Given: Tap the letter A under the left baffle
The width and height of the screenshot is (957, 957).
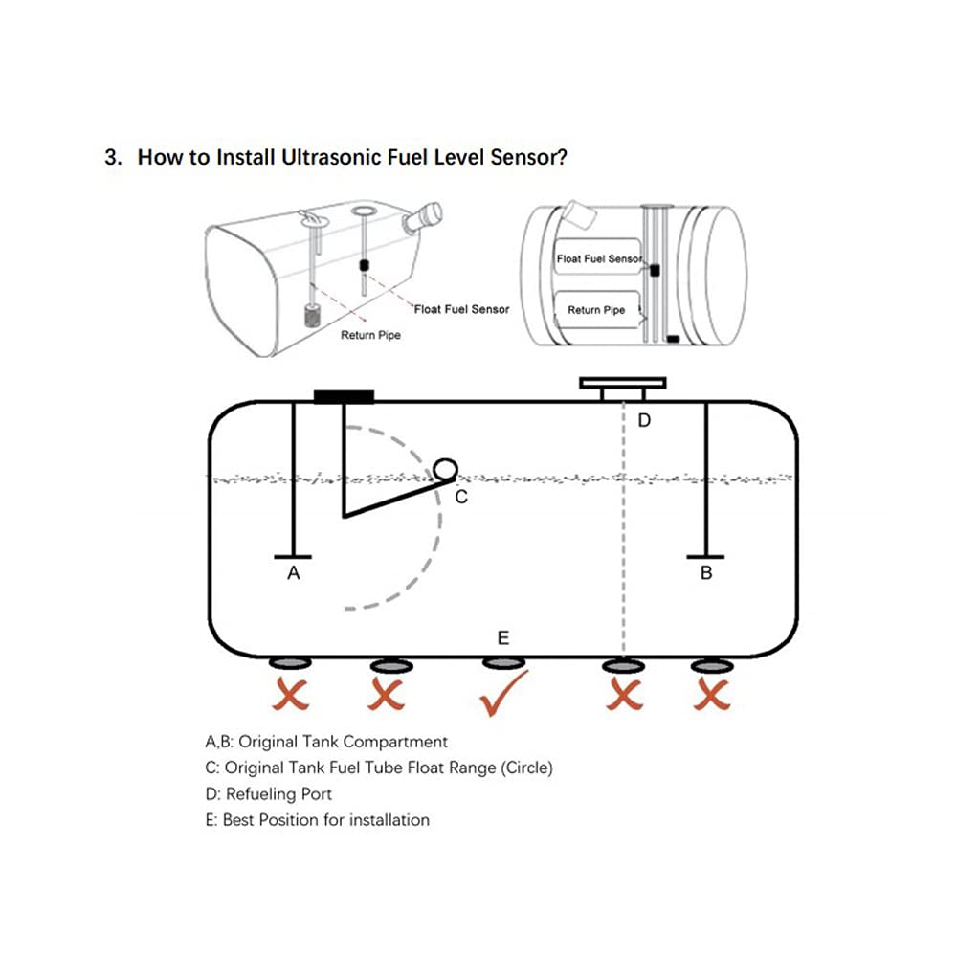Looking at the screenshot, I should (x=294, y=573).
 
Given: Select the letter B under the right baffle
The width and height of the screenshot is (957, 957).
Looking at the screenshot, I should (x=706, y=574).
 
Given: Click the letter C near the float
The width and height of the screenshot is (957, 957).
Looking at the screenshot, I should (x=460, y=497).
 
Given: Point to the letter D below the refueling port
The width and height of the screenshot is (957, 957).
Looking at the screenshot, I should (x=644, y=420).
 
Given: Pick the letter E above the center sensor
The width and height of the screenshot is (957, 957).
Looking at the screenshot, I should (x=503, y=637).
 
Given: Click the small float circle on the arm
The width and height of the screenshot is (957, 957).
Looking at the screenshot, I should (x=445, y=469).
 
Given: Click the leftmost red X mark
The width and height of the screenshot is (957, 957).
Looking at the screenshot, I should (x=291, y=696).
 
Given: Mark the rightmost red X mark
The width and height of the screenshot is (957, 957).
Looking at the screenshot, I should (x=712, y=696).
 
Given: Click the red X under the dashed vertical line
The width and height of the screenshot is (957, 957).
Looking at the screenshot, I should (x=624, y=696).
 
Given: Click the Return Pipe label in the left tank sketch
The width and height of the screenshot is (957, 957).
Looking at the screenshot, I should (x=371, y=336).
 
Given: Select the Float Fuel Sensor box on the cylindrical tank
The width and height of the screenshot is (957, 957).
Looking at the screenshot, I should (x=598, y=259).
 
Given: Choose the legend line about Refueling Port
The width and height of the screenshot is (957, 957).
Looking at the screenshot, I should (x=269, y=793).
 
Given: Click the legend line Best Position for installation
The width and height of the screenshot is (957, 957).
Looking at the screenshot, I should (x=317, y=820).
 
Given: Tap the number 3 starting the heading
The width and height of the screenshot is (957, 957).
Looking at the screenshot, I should (x=111, y=157).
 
